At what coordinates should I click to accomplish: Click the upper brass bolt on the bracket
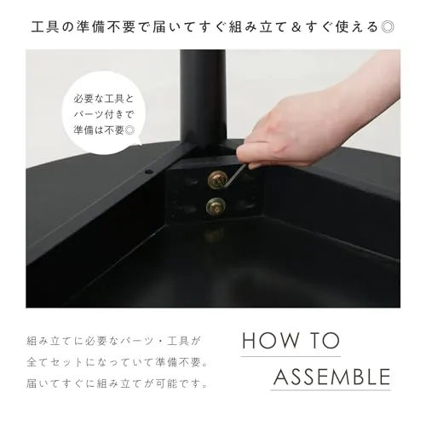tap(218, 179)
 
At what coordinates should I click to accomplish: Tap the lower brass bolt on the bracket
tap(216, 206)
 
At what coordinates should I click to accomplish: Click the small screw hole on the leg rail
tap(147, 172)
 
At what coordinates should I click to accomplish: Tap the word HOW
tap(271, 341)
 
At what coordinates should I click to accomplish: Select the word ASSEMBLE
tap(332, 377)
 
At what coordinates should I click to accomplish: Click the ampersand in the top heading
tap(296, 27)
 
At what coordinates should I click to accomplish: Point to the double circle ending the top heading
tap(388, 27)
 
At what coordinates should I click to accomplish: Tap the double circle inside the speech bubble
tap(130, 130)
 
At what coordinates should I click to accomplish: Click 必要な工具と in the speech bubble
tap(103, 99)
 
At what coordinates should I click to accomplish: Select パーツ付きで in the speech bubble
tap(103, 114)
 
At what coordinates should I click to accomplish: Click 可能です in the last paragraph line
tap(177, 383)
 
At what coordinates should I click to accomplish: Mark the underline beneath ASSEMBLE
tap(331, 390)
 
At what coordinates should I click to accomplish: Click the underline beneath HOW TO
tap(291, 356)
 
